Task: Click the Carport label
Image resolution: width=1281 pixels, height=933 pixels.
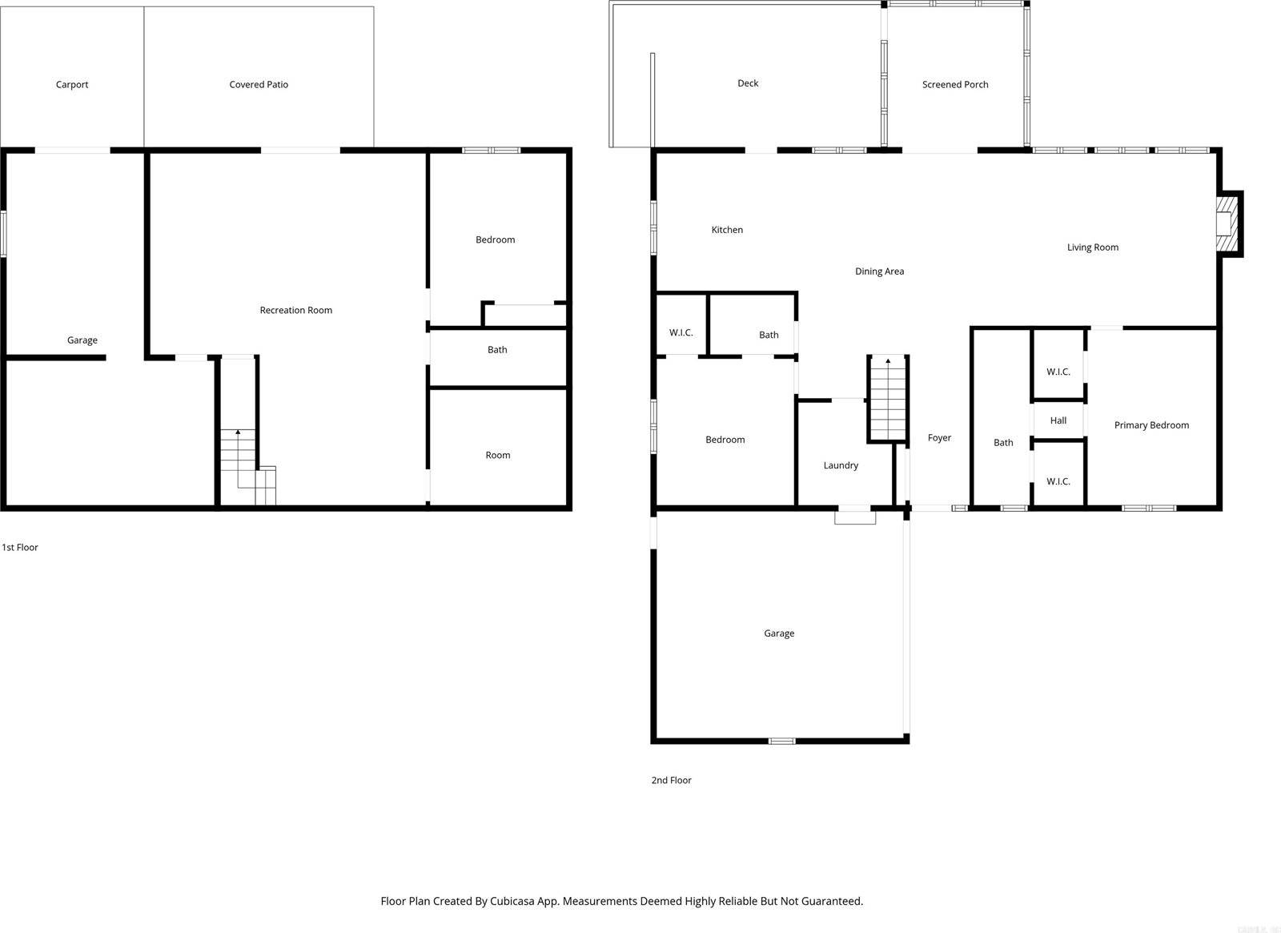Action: tap(72, 85)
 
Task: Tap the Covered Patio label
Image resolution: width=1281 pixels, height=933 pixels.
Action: tap(259, 85)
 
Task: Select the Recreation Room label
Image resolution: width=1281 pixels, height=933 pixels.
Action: tap(295, 311)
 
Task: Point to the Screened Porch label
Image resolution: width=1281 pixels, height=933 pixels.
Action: tap(954, 85)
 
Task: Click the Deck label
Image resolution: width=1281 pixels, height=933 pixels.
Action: tap(748, 83)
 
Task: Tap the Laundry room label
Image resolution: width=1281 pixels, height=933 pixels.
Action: tap(841, 465)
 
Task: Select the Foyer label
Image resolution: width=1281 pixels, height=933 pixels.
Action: tap(939, 438)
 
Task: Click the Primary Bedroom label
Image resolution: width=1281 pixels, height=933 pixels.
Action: tap(1151, 425)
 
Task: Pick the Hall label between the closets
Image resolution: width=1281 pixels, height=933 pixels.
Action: tap(1058, 420)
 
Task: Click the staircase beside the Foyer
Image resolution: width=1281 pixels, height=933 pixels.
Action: tap(887, 398)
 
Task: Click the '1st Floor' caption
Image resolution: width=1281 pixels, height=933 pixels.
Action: tap(20, 548)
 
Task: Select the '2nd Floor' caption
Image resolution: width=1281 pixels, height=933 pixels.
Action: tap(671, 780)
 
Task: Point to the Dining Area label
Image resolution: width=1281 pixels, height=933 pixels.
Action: tap(879, 271)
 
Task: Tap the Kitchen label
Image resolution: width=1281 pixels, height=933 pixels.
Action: tap(727, 230)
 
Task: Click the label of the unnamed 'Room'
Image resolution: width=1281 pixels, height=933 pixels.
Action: tap(497, 456)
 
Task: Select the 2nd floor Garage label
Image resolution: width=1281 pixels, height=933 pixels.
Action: tap(778, 633)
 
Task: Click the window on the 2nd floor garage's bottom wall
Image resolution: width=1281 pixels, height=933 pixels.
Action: tap(781, 741)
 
